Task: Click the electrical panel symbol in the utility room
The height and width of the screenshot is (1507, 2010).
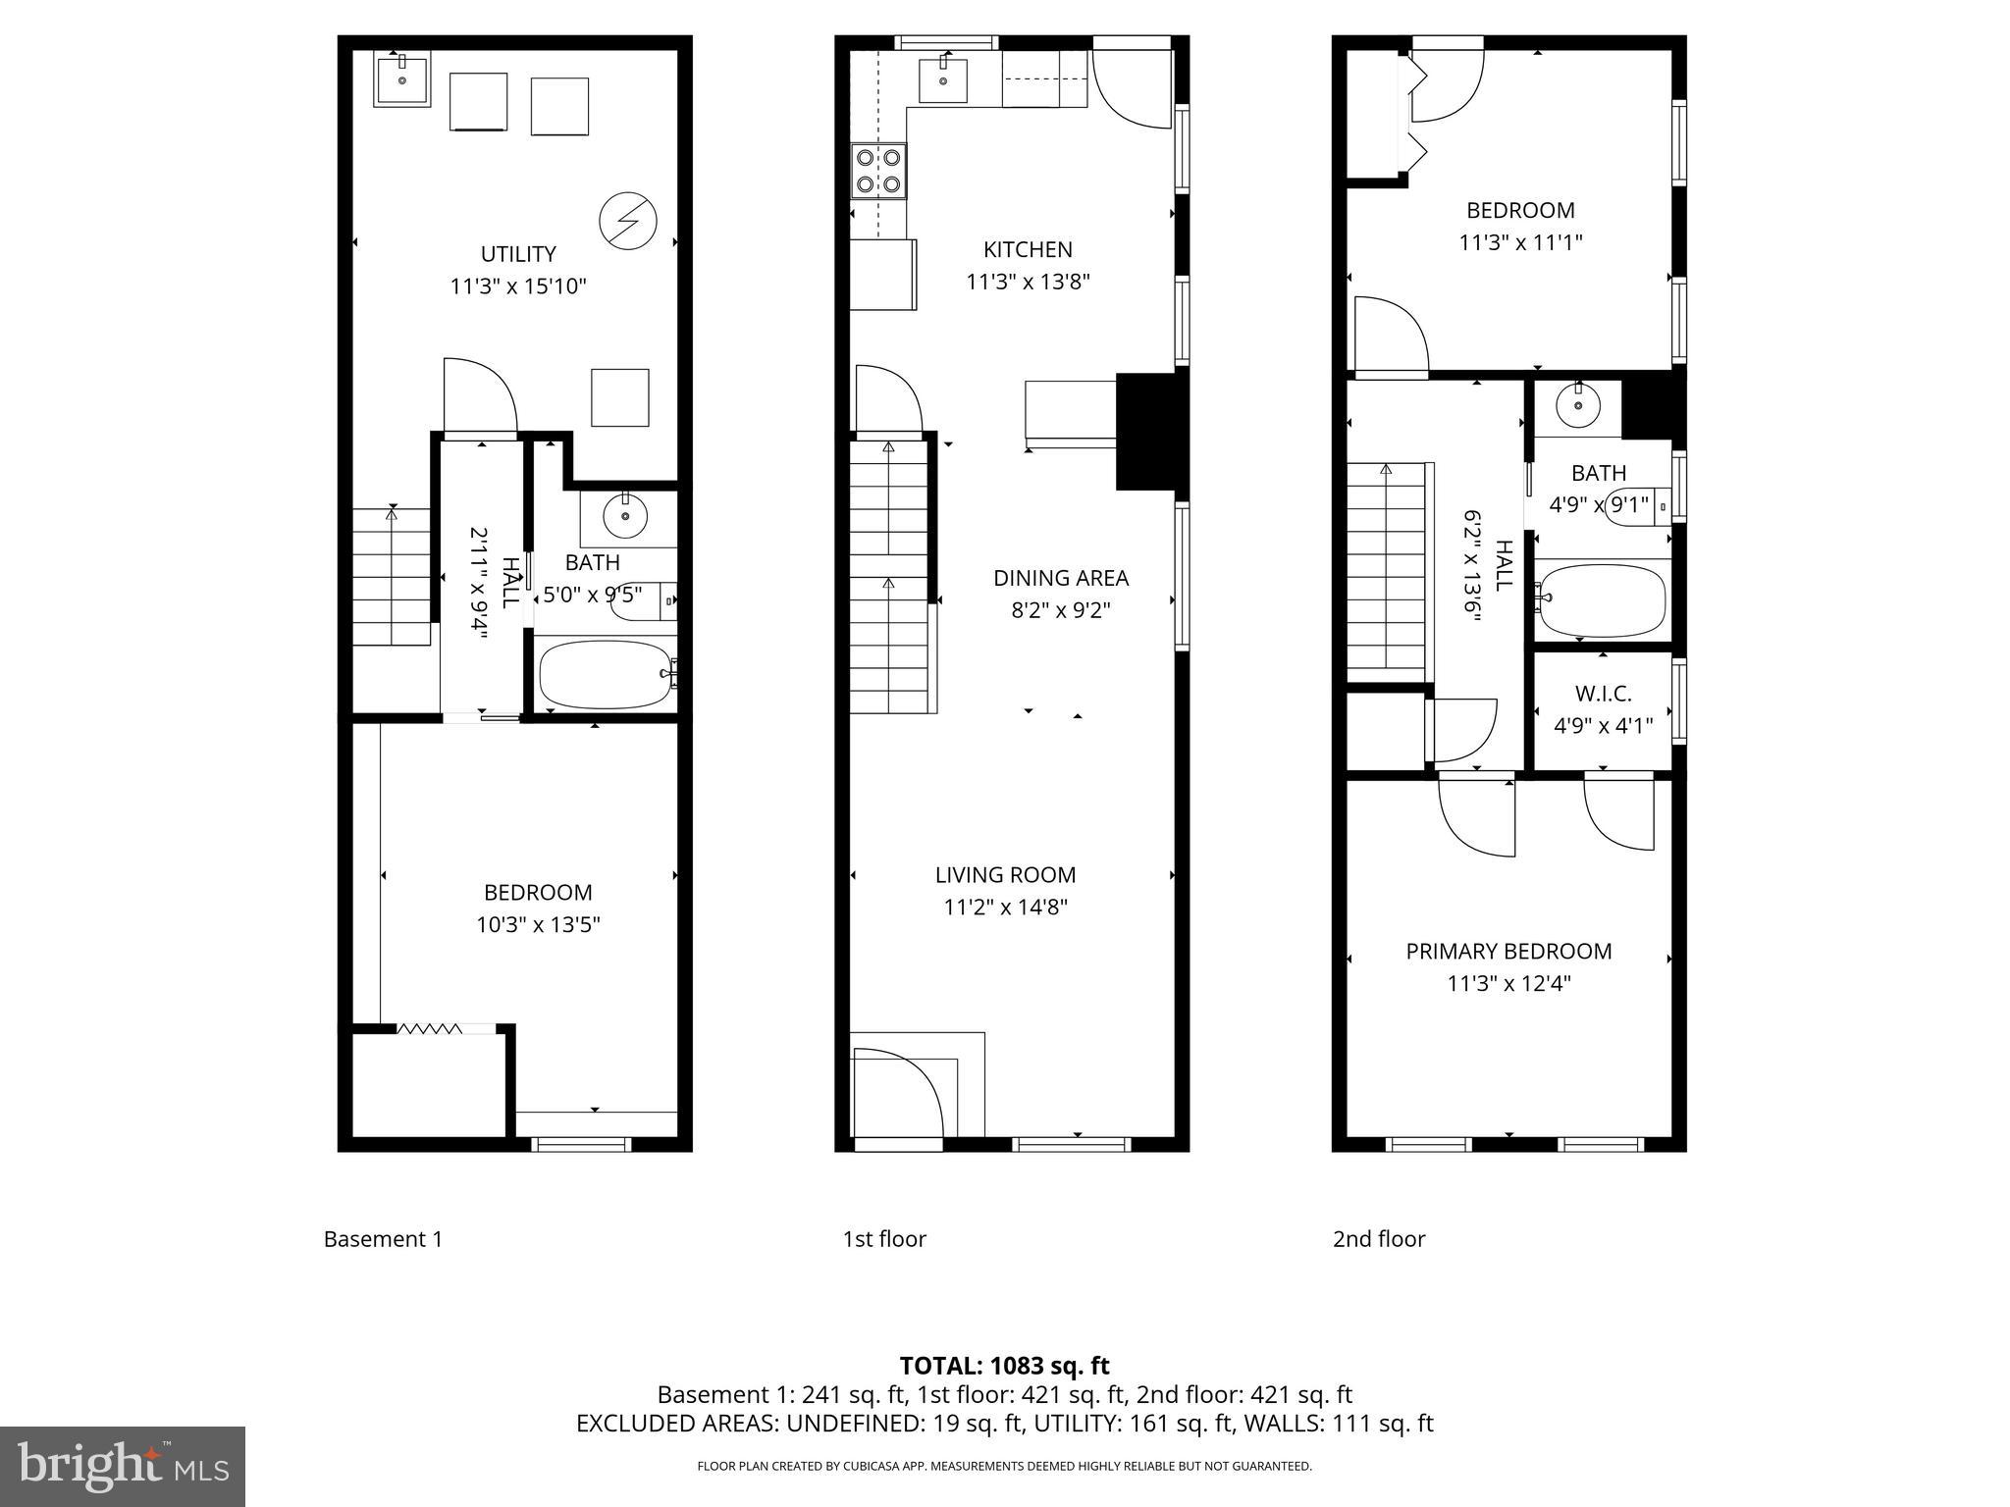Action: [x=627, y=222]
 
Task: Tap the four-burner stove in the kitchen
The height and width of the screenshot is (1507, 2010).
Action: [x=878, y=171]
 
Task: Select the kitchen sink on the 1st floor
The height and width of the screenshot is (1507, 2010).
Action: [x=943, y=80]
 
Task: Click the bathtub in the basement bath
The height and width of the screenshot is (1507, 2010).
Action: [x=603, y=674]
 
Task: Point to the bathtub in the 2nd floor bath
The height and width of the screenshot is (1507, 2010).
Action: [x=1602, y=599]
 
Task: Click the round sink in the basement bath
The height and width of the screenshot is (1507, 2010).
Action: [x=625, y=516]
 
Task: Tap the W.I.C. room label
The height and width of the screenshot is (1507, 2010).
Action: [x=1603, y=694]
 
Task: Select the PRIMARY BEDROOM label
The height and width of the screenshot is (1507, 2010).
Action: [x=1508, y=951]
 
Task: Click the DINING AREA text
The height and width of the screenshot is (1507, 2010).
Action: [x=1061, y=578]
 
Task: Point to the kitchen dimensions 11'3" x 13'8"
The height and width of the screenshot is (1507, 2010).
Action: [x=1028, y=282]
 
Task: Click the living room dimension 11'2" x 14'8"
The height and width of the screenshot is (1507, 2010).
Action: [x=1005, y=907]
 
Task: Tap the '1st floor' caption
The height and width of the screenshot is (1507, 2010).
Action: [x=884, y=1239]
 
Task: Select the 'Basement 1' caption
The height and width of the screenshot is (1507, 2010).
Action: [x=383, y=1239]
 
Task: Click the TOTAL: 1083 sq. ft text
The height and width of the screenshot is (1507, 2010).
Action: [x=1004, y=1366]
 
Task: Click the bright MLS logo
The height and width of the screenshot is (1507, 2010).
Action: [x=122, y=1466]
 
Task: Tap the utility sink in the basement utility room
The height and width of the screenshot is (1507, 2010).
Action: [x=402, y=80]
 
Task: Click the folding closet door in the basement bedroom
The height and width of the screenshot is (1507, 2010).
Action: [x=429, y=1028]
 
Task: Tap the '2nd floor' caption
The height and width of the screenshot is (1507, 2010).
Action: [x=1378, y=1239]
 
